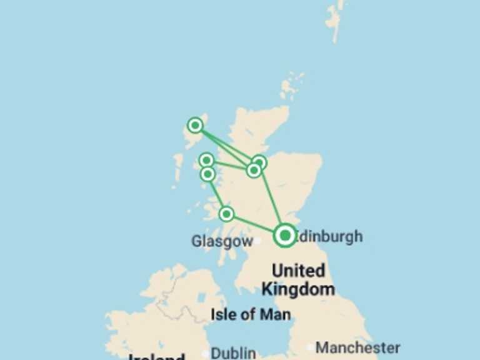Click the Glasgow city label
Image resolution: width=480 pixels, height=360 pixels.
coord(222,241)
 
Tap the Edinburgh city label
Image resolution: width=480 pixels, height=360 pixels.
coord(329,236)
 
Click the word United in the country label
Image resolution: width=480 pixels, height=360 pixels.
coord(298,271)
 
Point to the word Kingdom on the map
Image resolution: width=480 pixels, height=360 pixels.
coord(298,289)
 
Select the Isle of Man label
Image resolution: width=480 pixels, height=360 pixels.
coord(251,314)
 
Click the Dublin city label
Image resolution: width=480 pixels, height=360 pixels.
coord(232,353)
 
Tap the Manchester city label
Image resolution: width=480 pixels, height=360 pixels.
coord(357,347)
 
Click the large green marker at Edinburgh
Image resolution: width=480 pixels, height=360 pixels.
coord(285,235)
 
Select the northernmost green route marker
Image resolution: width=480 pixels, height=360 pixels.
coord(196,126)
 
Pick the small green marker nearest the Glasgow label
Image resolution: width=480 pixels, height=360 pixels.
coord(227,214)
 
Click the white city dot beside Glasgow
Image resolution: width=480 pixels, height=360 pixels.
coord(257,241)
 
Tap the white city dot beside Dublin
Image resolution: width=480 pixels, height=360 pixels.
coord(205,354)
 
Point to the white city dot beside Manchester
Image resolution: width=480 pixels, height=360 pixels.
coord(311,347)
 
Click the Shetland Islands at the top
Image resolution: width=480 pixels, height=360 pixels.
coord(334,19)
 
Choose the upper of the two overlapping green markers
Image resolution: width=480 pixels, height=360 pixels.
coord(259,162)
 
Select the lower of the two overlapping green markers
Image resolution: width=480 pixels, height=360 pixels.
coord(253,170)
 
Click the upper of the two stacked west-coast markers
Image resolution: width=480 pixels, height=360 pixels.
coord(206,161)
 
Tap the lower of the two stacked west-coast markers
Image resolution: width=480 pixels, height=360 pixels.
coord(208,174)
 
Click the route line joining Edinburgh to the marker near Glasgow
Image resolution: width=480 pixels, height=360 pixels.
coord(255,224)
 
